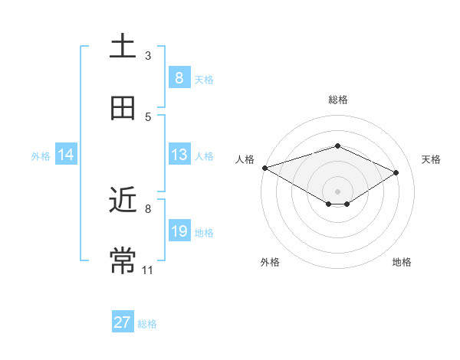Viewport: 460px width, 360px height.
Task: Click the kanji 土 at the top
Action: pyautogui.click(x=123, y=46)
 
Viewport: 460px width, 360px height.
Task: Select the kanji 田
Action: pyautogui.click(x=123, y=108)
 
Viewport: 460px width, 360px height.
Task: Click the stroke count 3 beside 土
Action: pyautogui.click(x=148, y=55)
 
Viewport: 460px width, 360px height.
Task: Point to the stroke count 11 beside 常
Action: pyautogui.click(x=148, y=270)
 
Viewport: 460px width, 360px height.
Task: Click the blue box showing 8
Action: pyautogui.click(x=179, y=77)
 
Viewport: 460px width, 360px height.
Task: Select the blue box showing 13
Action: pyautogui.click(x=179, y=155)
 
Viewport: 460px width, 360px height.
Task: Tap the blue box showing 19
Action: pyautogui.click(x=179, y=231)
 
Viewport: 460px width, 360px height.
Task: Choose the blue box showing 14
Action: pyautogui.click(x=66, y=155)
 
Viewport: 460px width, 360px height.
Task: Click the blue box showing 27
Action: pyautogui.click(x=123, y=322)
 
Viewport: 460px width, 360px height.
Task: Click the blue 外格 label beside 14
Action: pyautogui.click(x=41, y=155)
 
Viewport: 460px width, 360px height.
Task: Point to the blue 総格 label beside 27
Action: pyautogui.click(x=147, y=324)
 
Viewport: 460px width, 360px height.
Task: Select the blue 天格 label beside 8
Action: pyautogui.click(x=204, y=79)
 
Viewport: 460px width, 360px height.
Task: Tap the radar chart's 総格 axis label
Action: pyautogui.click(x=337, y=100)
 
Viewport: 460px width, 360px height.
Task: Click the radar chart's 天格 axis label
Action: pyautogui.click(x=431, y=159)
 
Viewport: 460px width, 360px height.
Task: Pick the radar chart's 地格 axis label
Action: pyautogui.click(x=402, y=262)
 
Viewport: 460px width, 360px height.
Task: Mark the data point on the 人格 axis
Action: pyautogui.click(x=264, y=167)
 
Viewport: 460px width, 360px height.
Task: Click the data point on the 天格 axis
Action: pyautogui.click(x=396, y=172)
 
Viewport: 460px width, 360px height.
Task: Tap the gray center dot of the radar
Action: pyautogui.click(x=337, y=191)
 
